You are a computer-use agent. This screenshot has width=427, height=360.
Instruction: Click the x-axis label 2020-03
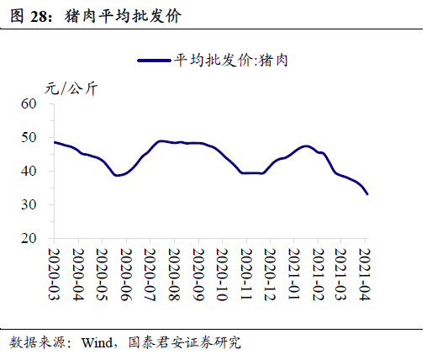point(53,273)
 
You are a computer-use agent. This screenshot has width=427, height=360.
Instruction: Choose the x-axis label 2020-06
point(126,273)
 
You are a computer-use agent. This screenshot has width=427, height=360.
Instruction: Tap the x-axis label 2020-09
point(198,273)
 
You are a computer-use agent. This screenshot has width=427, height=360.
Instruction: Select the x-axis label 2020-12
point(271,273)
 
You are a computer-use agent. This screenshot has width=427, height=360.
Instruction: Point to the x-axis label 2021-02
point(319,273)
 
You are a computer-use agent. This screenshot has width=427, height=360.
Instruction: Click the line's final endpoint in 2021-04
point(367,194)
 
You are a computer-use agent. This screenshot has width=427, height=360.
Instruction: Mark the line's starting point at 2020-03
point(54,142)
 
